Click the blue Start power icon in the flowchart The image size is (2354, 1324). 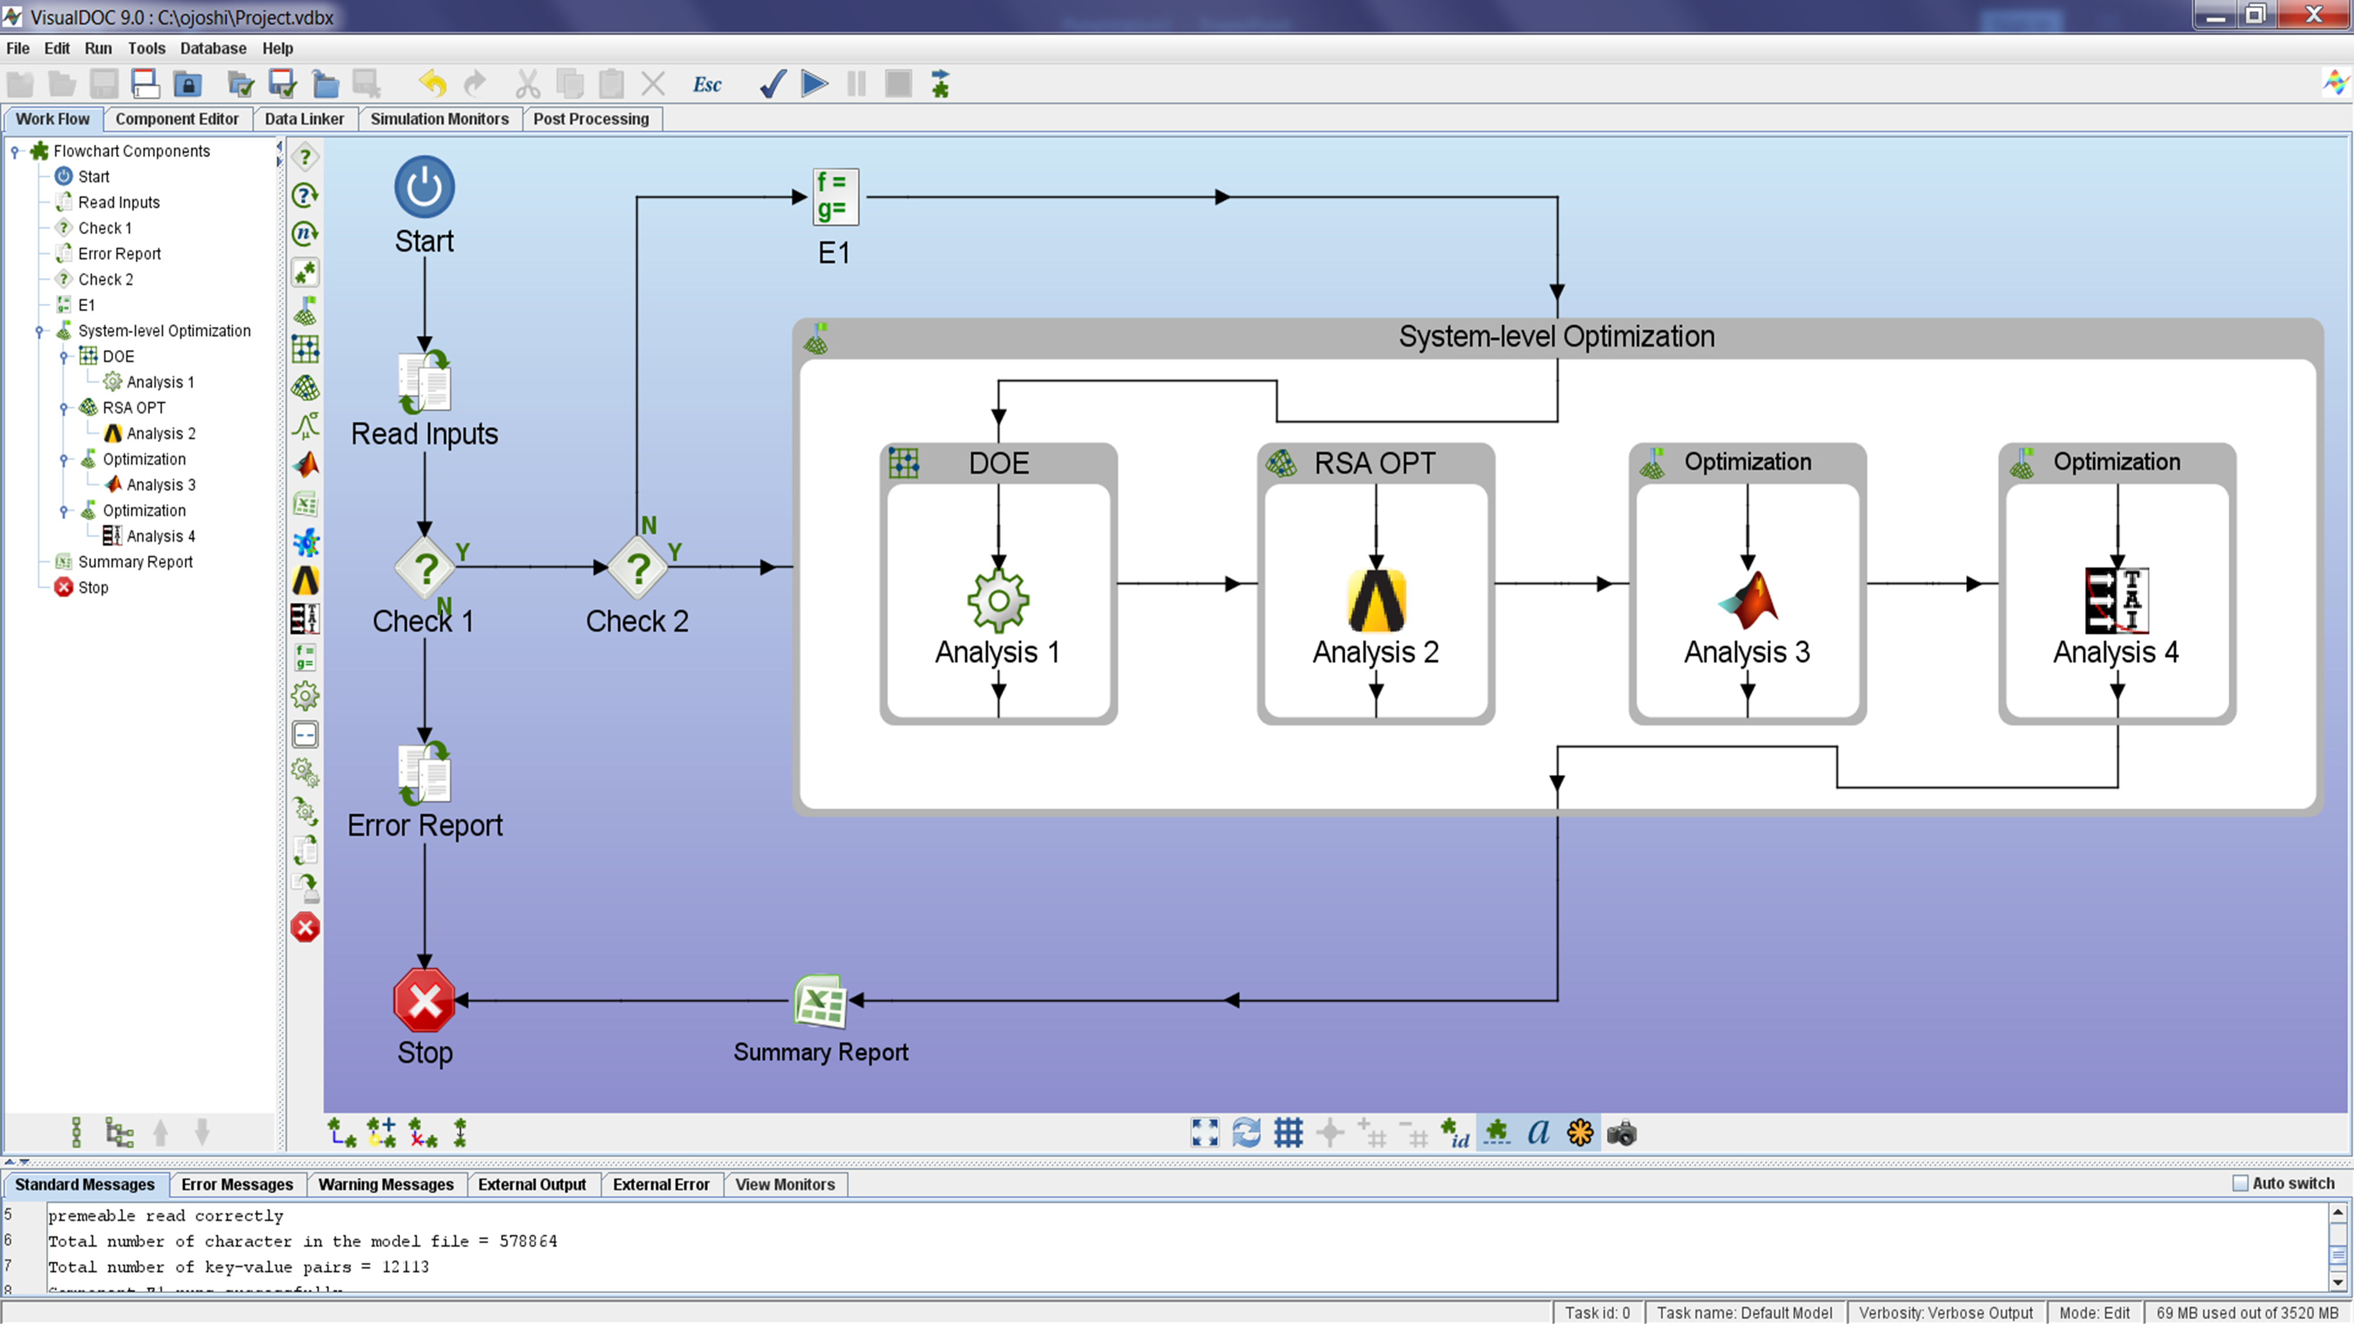tap(424, 187)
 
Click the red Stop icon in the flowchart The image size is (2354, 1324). tap(424, 1000)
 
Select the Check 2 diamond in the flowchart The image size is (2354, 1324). tap(638, 567)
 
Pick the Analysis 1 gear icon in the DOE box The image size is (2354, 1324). tap(998, 600)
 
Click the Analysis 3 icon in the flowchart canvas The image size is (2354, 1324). tap(1747, 600)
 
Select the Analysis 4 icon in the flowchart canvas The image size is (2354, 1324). tap(2116, 600)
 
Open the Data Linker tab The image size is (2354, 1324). tap(304, 119)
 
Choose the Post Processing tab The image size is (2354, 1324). tap(591, 119)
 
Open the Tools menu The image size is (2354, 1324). tap(146, 48)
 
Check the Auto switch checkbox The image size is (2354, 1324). tap(2240, 1183)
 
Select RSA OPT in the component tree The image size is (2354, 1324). tap(134, 408)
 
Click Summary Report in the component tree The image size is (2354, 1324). tap(135, 562)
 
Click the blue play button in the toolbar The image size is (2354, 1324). tap(814, 84)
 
